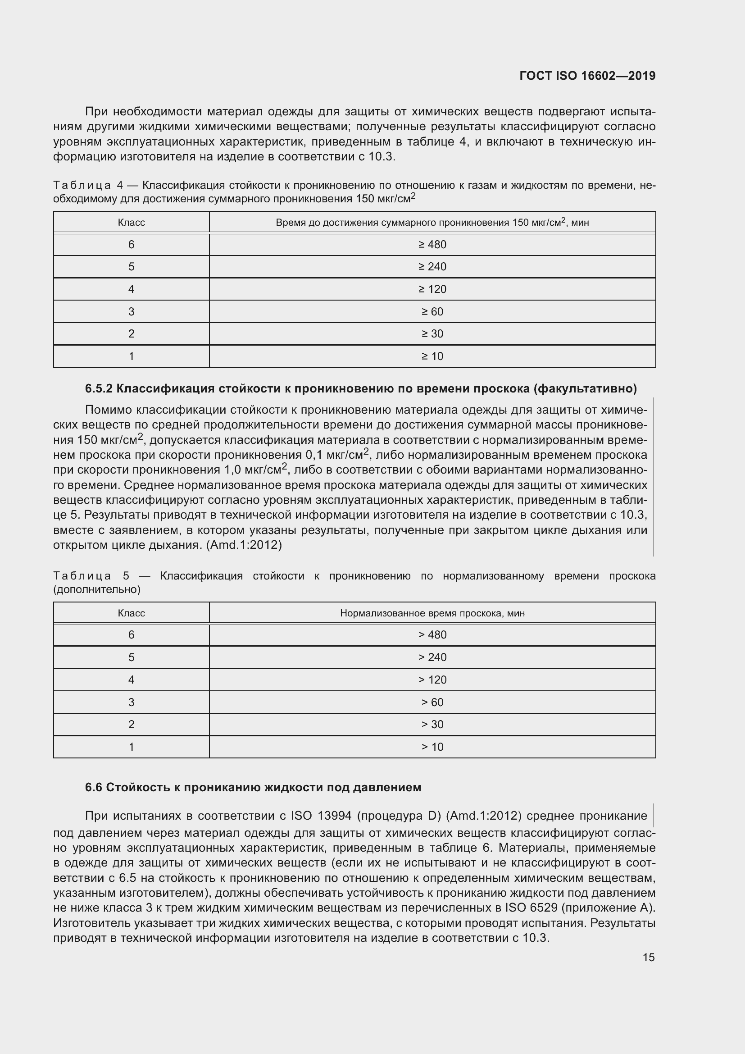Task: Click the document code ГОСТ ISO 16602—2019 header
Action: click(587, 76)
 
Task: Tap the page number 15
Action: click(648, 957)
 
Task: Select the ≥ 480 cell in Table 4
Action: click(432, 245)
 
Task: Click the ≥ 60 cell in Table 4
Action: click(432, 312)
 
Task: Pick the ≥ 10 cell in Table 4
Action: click(432, 356)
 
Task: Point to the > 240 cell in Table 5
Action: click(432, 657)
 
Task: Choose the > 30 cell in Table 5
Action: click(432, 725)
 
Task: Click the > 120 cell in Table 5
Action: click(432, 680)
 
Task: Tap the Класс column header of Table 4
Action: click(131, 223)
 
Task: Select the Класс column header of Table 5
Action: click(131, 613)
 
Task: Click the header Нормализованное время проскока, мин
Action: click(432, 613)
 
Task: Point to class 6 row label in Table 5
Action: click(131, 635)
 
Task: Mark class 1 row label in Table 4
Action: click(131, 356)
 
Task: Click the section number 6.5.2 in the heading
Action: click(99, 389)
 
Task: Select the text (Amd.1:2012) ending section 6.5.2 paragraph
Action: click(244, 545)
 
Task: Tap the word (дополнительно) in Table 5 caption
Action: click(97, 589)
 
